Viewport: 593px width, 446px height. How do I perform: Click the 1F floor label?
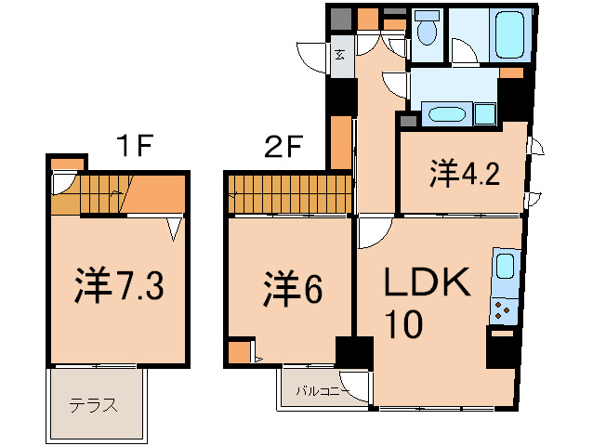coord(135,145)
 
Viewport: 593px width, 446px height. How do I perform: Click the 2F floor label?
coord(282,145)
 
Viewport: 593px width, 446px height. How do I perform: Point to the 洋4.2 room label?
coord(465,173)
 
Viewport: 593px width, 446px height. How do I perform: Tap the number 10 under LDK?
coord(406,324)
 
